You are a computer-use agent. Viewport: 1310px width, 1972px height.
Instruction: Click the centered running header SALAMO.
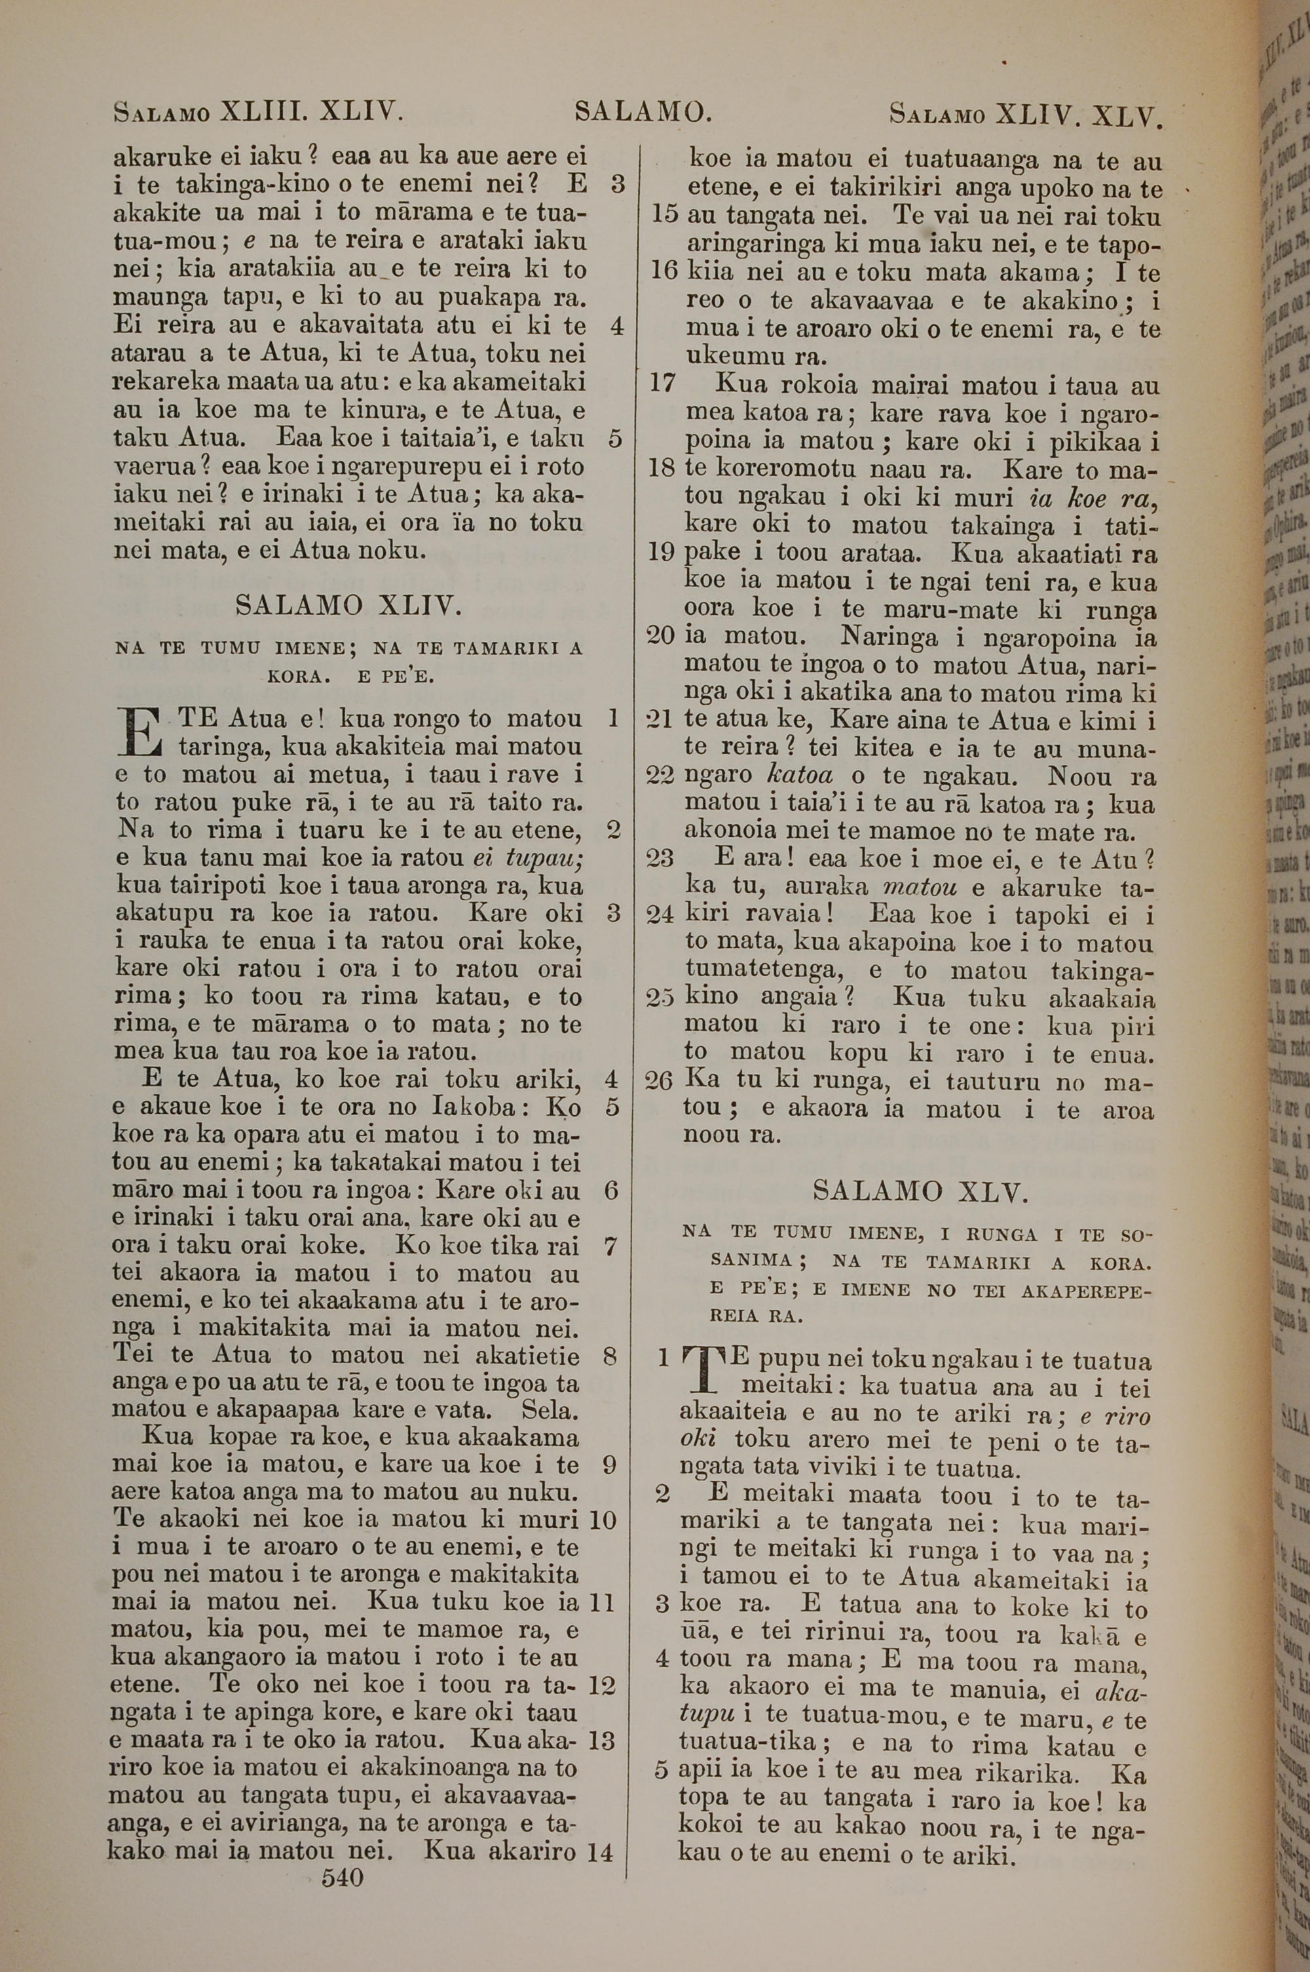tap(643, 111)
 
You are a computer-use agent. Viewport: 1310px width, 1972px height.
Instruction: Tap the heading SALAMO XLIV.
tap(348, 605)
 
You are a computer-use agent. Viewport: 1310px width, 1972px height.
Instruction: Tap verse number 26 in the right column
tap(659, 1081)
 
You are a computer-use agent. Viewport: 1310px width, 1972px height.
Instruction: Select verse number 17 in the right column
tap(662, 384)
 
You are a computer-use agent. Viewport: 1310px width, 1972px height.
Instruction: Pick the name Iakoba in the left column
tap(470, 1107)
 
